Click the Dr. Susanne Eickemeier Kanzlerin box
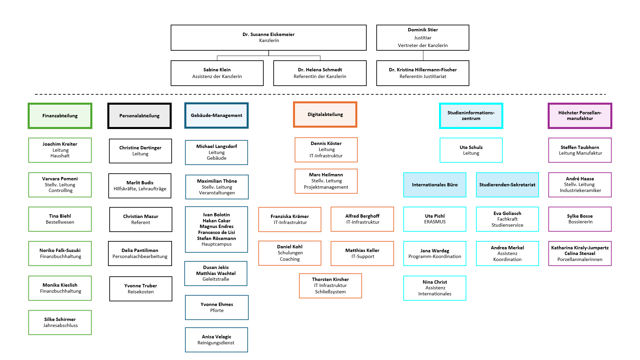click(x=268, y=37)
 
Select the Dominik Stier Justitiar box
click(x=423, y=37)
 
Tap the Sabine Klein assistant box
click(x=217, y=73)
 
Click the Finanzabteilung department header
click(x=60, y=116)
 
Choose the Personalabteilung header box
click(x=139, y=116)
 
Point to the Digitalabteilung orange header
click(x=325, y=114)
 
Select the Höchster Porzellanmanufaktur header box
click(x=580, y=116)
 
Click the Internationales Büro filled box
click(x=435, y=185)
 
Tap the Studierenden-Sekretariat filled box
click(x=507, y=185)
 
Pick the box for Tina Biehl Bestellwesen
click(x=60, y=219)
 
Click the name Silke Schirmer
click(x=60, y=319)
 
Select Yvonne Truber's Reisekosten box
click(x=141, y=289)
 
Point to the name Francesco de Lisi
click(x=217, y=232)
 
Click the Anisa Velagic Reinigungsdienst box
click(x=216, y=340)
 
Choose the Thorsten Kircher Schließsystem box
click(x=330, y=286)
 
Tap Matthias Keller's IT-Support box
click(x=362, y=253)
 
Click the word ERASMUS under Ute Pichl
click(x=435, y=222)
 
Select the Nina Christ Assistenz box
click(x=435, y=288)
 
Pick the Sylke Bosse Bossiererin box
click(x=580, y=219)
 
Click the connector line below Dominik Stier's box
click(x=423, y=56)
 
